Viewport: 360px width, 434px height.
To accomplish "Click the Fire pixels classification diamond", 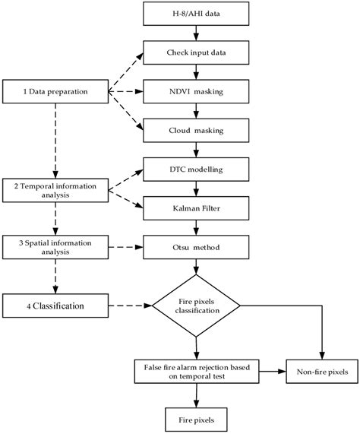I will (x=197, y=307).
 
